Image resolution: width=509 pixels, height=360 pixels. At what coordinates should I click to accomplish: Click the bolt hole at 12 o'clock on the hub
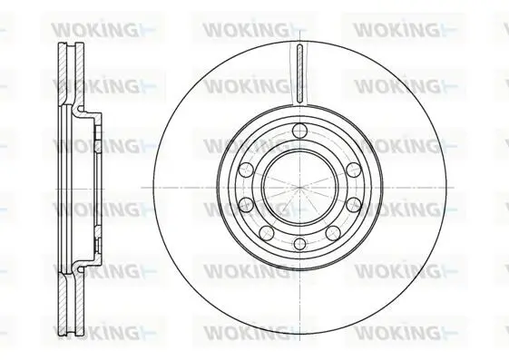(x=299, y=131)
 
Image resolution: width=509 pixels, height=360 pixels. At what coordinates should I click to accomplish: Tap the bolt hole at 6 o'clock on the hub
(x=299, y=244)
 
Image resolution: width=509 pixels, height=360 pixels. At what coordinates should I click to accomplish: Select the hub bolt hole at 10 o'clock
(x=246, y=170)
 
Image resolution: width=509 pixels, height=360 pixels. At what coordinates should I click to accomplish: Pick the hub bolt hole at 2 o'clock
(x=354, y=170)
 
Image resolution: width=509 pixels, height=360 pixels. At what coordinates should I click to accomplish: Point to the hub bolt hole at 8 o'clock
(x=246, y=205)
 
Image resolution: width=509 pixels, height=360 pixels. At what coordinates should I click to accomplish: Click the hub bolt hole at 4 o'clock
(x=354, y=205)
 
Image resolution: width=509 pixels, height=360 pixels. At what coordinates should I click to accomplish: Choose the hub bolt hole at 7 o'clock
(x=267, y=233)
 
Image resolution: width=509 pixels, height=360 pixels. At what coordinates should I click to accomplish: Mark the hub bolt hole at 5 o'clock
(x=333, y=233)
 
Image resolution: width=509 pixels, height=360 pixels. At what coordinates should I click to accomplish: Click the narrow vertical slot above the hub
(x=299, y=73)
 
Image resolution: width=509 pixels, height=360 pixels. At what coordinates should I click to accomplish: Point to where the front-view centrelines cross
(x=299, y=188)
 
